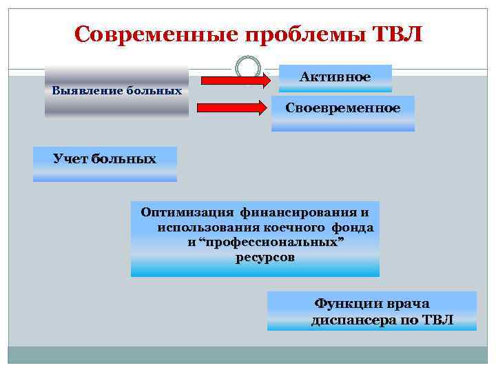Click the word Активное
[x=335, y=76]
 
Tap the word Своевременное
[x=343, y=109]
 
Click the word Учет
[x=70, y=159]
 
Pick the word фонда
[x=353, y=227]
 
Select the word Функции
[x=348, y=304]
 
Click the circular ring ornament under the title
[x=247, y=68]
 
